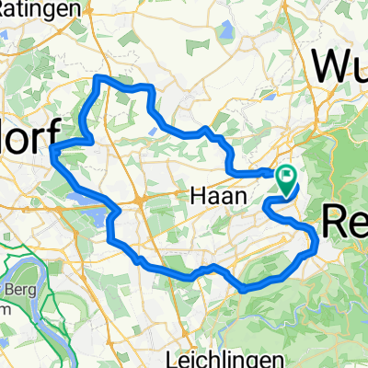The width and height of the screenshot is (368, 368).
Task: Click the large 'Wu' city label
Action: [x=339, y=66]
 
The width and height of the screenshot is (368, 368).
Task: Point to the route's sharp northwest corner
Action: [x=98, y=79]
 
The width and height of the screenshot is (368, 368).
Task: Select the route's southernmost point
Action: [x=244, y=288]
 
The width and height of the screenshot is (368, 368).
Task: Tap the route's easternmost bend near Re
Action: [x=316, y=241]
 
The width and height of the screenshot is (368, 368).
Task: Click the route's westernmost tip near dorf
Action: [x=53, y=149]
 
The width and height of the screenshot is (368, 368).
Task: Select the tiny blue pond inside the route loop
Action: [x=153, y=130]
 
